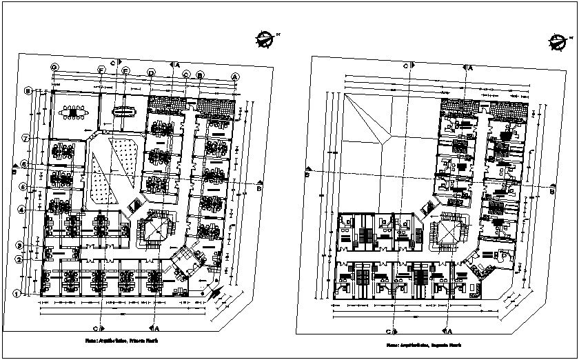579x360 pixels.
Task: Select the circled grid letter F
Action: click(x=101, y=70)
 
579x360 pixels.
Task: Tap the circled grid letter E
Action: click(x=125, y=70)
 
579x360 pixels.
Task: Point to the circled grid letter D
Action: click(x=151, y=73)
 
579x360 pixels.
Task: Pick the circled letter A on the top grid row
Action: click(x=235, y=76)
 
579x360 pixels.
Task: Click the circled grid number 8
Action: click(x=28, y=90)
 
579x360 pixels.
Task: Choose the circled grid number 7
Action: click(x=24, y=139)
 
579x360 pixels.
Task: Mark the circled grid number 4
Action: click(x=22, y=210)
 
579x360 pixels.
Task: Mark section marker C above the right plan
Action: click(x=407, y=66)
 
